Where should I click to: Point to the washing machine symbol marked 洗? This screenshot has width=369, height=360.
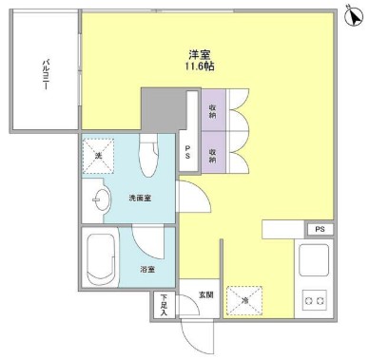click(x=95, y=155)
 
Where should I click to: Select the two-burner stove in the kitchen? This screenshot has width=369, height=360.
click(x=314, y=302)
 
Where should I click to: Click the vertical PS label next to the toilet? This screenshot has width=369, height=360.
click(x=187, y=153)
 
